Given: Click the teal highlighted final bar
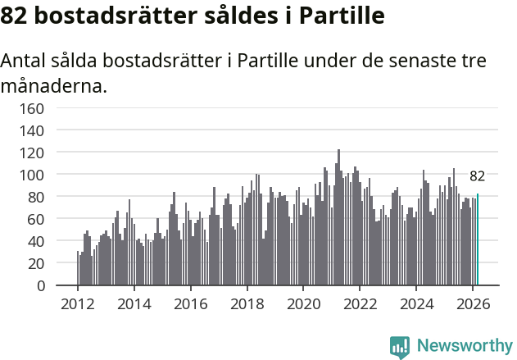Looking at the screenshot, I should coord(478,240).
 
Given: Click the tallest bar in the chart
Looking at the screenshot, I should coord(338,218).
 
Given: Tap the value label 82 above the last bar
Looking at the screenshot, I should coord(477,176).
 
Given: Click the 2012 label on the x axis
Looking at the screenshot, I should coord(78,303).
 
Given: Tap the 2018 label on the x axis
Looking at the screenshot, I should coord(247,303).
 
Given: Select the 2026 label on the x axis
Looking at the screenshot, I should coord(472,303).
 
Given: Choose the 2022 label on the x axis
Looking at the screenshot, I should coord(360,303).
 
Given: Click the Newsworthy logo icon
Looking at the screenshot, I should coord(399,347).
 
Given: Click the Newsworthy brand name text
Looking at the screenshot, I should coord(464,347).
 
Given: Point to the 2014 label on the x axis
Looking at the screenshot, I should coord(134,303).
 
